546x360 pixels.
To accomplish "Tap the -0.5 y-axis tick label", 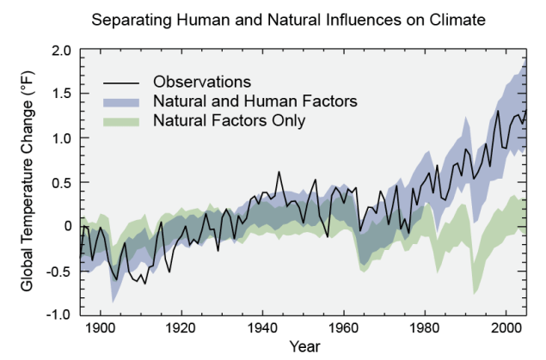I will click(58, 271).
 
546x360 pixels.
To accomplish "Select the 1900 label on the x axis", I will click(101, 328).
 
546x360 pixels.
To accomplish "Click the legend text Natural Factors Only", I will click(229, 121).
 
